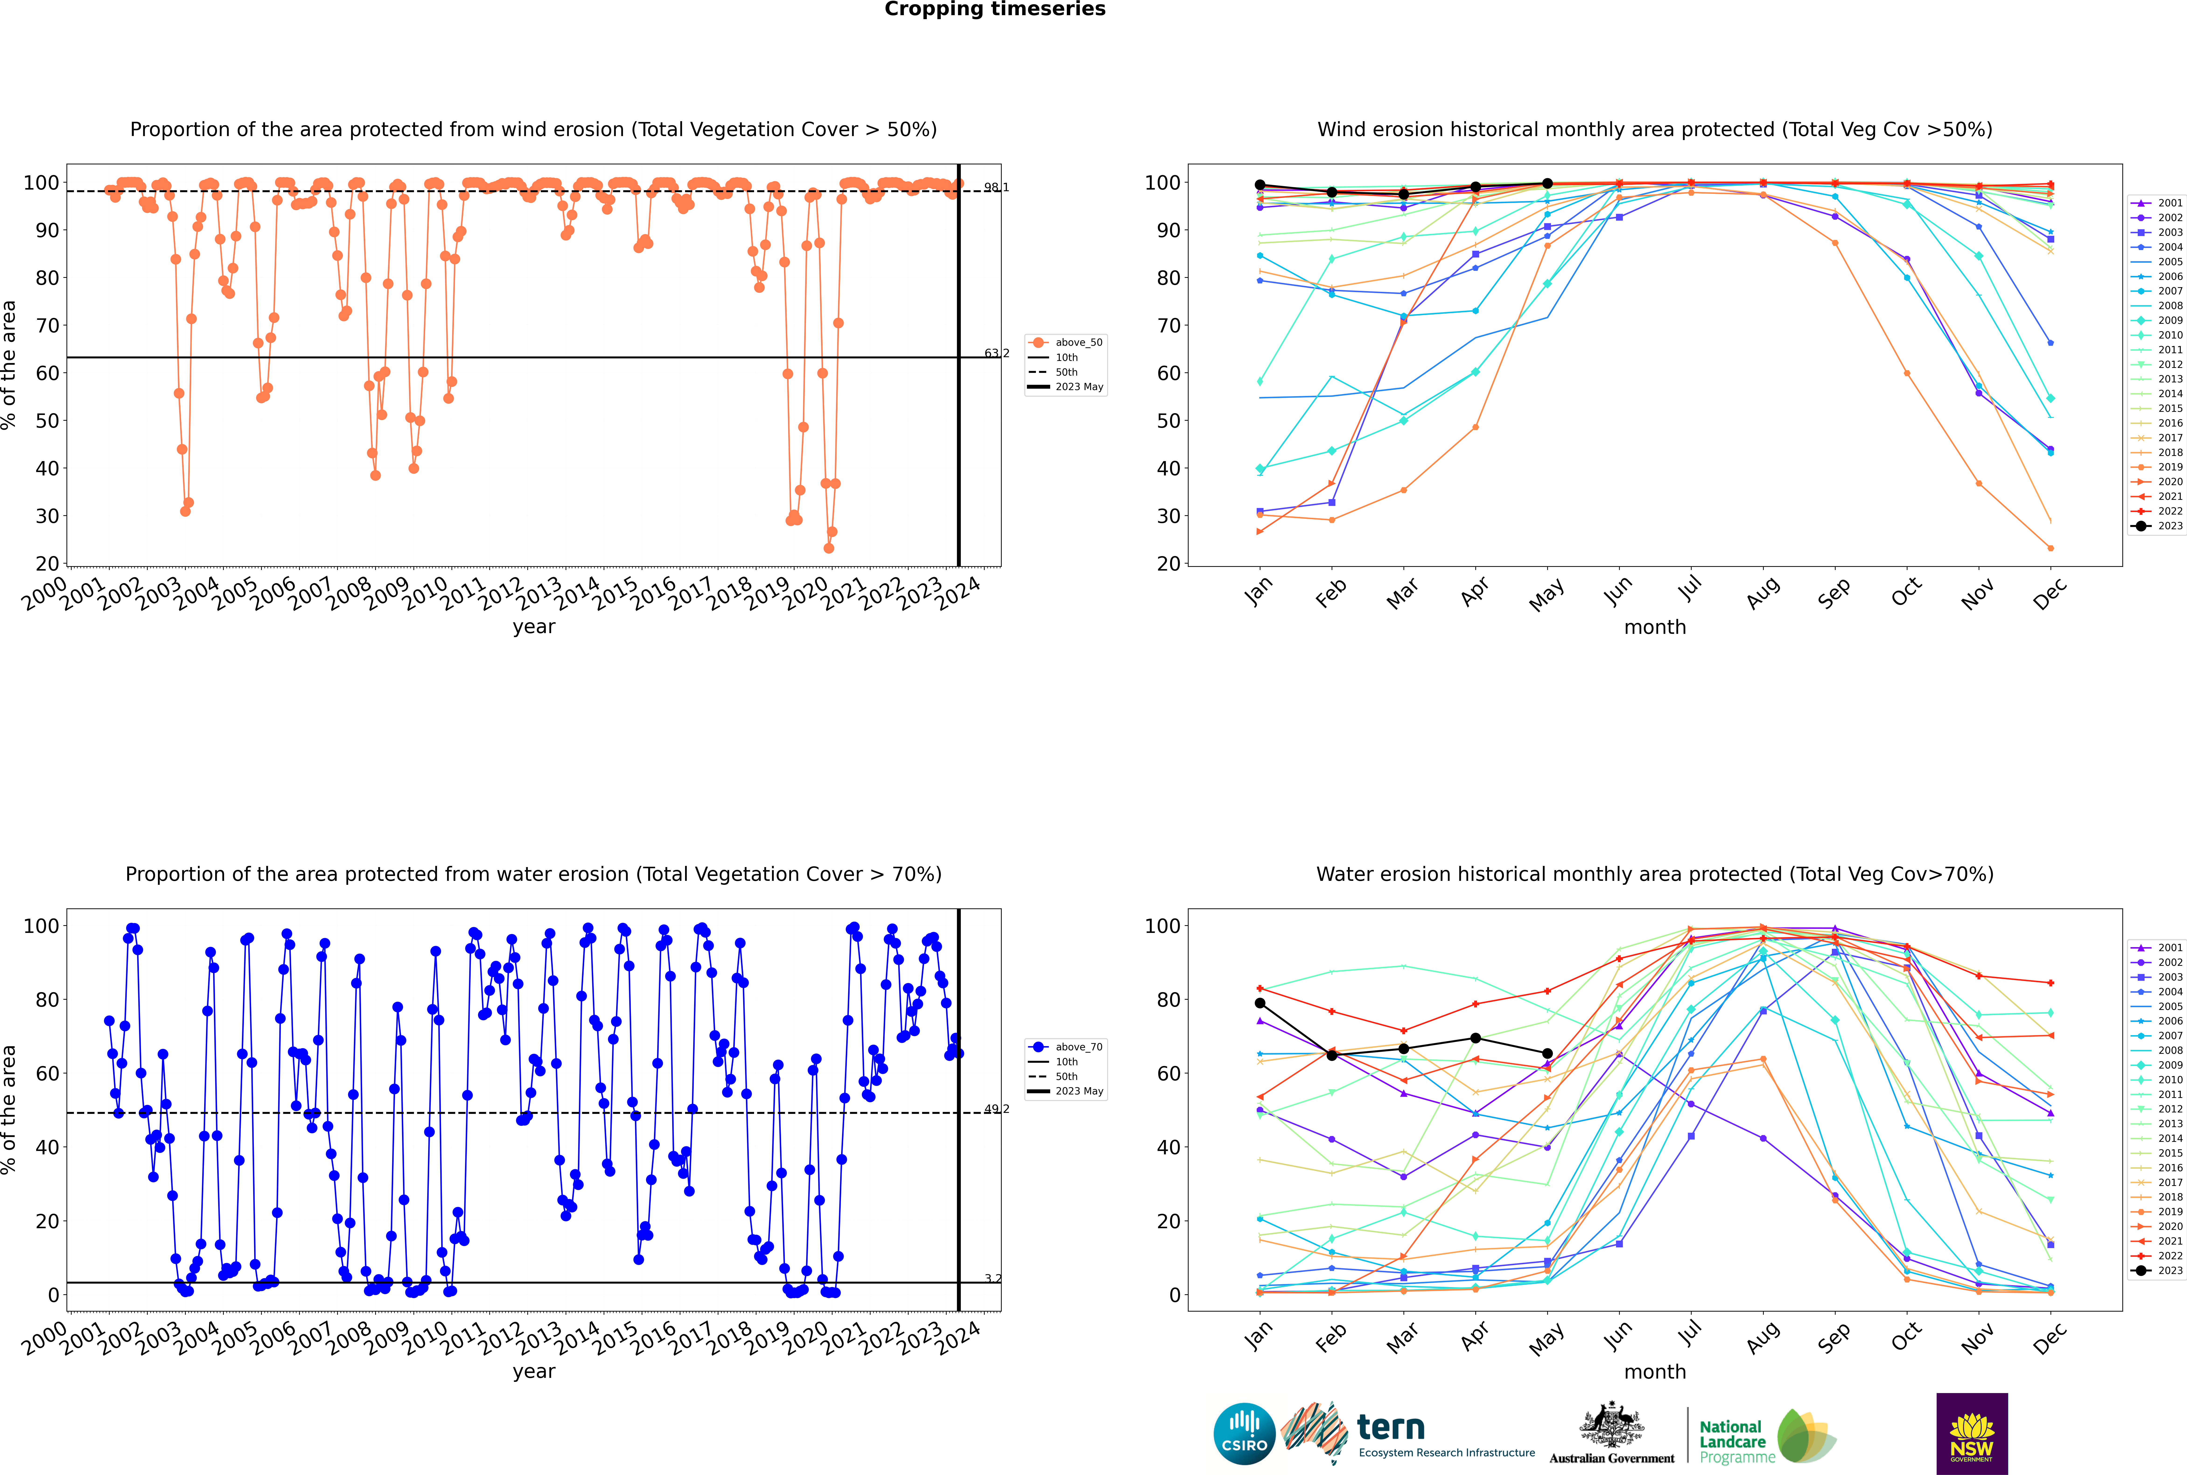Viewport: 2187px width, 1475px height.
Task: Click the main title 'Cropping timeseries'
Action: coord(995,9)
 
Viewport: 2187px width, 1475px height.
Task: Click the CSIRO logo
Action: coord(1244,1434)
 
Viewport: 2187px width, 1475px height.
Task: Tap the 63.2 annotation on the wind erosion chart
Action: coord(997,354)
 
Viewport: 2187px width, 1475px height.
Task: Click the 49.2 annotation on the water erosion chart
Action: coord(997,1109)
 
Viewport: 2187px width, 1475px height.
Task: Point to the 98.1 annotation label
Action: coord(997,187)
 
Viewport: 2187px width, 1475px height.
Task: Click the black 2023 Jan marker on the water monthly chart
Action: coord(1260,1003)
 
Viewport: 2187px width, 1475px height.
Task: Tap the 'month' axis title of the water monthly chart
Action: coord(1655,1372)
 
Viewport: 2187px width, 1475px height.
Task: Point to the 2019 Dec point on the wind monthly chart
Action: coord(2051,548)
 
